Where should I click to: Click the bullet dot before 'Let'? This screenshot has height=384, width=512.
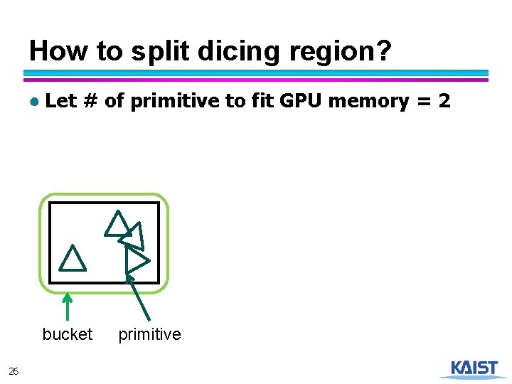pos(34,102)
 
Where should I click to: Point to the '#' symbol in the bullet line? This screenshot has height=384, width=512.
pos(90,101)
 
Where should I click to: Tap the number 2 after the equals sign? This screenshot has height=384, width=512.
pos(444,101)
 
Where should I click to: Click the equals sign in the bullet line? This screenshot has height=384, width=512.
pos(422,102)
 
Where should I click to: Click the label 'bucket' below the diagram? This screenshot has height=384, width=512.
pos(68,334)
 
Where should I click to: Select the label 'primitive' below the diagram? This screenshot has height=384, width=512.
pos(149,334)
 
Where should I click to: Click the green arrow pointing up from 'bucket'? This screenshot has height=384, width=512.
pos(67,307)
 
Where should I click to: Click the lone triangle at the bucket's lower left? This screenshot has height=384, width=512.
pos(72,259)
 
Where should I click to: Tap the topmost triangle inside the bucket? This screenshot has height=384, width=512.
pos(117,224)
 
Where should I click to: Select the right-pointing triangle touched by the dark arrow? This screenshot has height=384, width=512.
pos(136,261)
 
